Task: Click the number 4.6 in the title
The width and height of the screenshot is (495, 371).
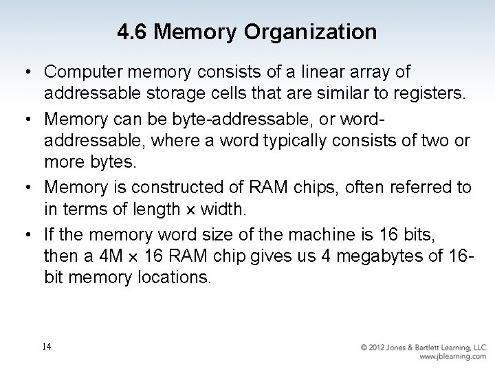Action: [x=132, y=32]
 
